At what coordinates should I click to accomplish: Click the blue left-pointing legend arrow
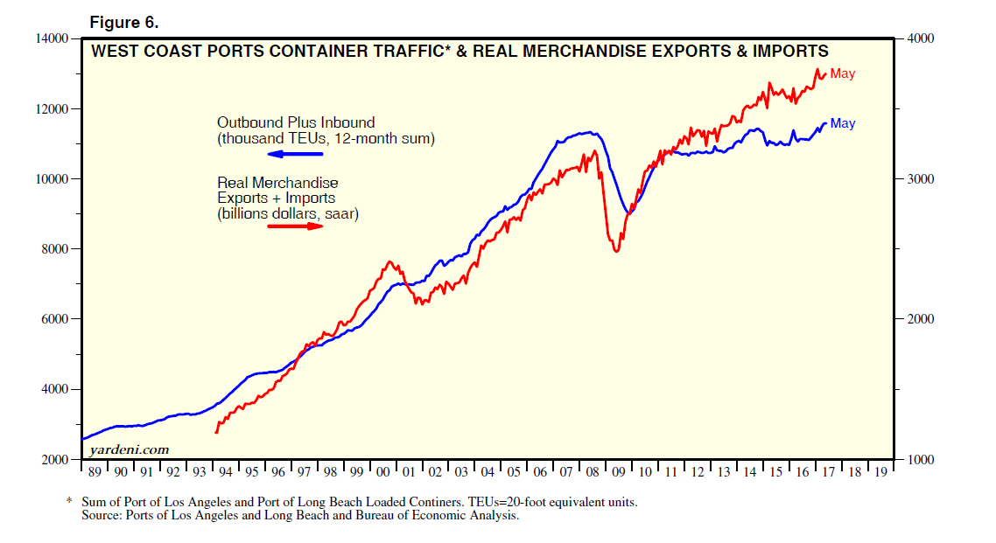tap(295, 155)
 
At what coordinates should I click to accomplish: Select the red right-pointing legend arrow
tap(295, 226)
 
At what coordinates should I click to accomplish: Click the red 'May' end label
tap(843, 74)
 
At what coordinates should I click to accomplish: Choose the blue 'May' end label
tap(843, 124)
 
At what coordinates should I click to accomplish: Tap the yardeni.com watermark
tap(129, 449)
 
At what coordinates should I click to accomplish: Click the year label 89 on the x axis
tap(94, 472)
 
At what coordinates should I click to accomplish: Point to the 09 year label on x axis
tap(620, 472)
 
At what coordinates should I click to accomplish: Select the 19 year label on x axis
tap(881, 472)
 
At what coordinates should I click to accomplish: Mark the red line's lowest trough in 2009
tap(616, 252)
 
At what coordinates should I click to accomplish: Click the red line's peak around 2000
tap(389, 261)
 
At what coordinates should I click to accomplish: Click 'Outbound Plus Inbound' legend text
tap(296, 122)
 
